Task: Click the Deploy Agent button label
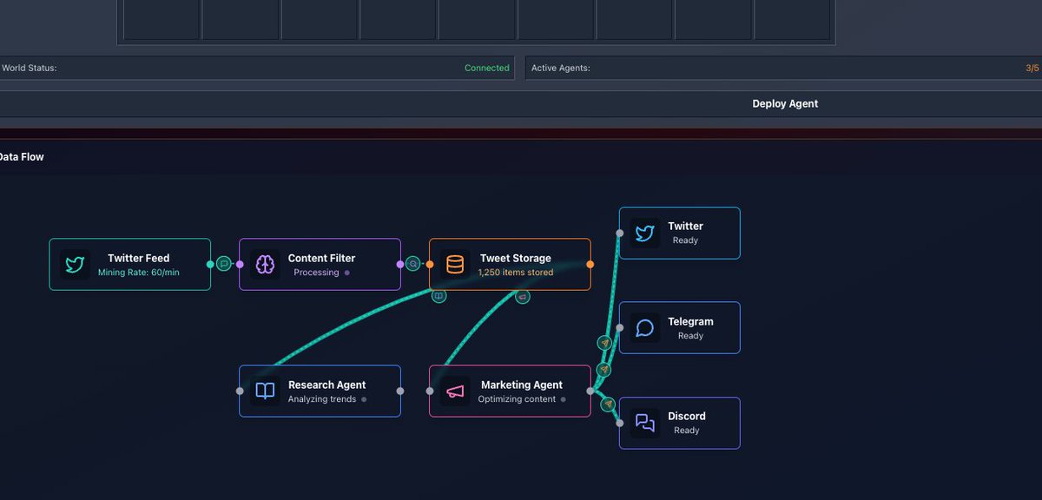(785, 103)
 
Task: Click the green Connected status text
(486, 68)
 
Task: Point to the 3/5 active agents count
(1032, 68)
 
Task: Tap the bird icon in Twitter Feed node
(75, 264)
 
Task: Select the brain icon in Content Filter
(265, 264)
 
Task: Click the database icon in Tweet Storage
(455, 264)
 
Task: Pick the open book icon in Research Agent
(265, 391)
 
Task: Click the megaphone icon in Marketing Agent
(455, 391)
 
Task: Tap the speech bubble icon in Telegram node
(644, 327)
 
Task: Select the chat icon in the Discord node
(644, 423)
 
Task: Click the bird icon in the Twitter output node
(644, 233)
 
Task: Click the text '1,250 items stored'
(516, 272)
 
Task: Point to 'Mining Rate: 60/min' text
(139, 272)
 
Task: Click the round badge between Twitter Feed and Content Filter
(224, 264)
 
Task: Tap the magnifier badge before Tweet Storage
(412, 264)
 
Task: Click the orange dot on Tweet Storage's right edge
(590, 264)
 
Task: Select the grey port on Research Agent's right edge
(400, 391)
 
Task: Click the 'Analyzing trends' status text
(322, 399)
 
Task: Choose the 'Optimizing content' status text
(517, 399)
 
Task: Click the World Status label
(30, 68)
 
